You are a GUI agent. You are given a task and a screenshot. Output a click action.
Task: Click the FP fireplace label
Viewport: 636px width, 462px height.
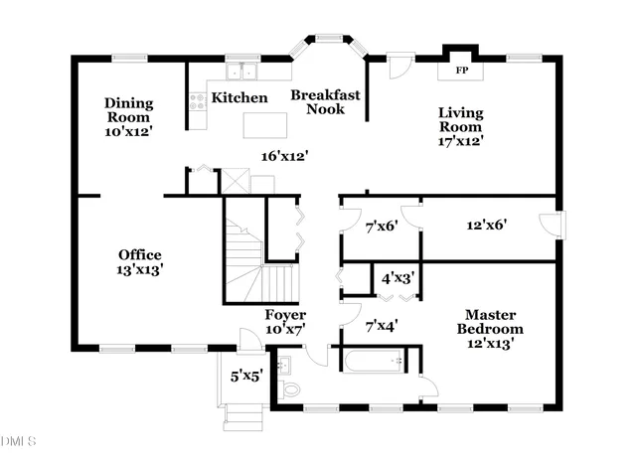pyautogui.click(x=461, y=71)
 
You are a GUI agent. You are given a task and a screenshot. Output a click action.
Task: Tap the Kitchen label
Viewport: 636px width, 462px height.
pyautogui.click(x=239, y=97)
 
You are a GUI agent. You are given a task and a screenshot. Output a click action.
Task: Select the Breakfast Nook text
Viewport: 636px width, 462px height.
pyautogui.click(x=325, y=101)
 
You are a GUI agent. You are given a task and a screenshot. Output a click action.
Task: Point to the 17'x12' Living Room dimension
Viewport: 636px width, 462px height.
pyautogui.click(x=461, y=141)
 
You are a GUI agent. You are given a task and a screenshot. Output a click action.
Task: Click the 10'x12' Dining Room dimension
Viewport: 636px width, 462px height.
pyautogui.click(x=128, y=131)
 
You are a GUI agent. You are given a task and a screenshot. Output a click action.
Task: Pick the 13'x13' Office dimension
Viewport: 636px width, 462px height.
pyautogui.click(x=140, y=269)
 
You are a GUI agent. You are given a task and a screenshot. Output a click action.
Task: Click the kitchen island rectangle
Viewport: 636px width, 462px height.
pyautogui.click(x=265, y=125)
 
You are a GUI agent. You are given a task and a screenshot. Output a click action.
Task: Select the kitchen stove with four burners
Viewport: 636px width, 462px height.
pyautogui.click(x=198, y=101)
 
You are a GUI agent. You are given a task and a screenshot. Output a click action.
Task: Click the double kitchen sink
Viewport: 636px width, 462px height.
pyautogui.click(x=241, y=72)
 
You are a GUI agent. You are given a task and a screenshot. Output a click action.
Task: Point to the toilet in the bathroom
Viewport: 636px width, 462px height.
pyautogui.click(x=289, y=390)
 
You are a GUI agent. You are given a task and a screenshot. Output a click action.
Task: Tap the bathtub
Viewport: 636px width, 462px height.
pyautogui.click(x=374, y=361)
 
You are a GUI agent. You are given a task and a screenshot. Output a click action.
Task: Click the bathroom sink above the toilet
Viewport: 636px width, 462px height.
pyautogui.click(x=284, y=365)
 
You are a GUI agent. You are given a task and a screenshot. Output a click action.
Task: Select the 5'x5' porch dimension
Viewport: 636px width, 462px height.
pyautogui.click(x=246, y=377)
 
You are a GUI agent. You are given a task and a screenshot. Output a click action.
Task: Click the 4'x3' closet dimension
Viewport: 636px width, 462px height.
pyautogui.click(x=397, y=278)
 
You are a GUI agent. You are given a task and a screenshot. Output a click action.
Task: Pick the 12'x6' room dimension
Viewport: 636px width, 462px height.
pyautogui.click(x=487, y=225)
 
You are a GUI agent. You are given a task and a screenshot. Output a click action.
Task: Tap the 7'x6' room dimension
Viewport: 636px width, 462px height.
pyautogui.click(x=382, y=226)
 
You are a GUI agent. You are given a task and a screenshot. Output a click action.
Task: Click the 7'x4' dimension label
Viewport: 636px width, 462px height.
pyautogui.click(x=382, y=325)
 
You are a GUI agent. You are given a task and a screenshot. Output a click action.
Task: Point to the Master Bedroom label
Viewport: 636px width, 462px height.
pyautogui.click(x=490, y=322)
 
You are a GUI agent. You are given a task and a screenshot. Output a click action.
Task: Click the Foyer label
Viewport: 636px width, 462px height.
pyautogui.click(x=285, y=315)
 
